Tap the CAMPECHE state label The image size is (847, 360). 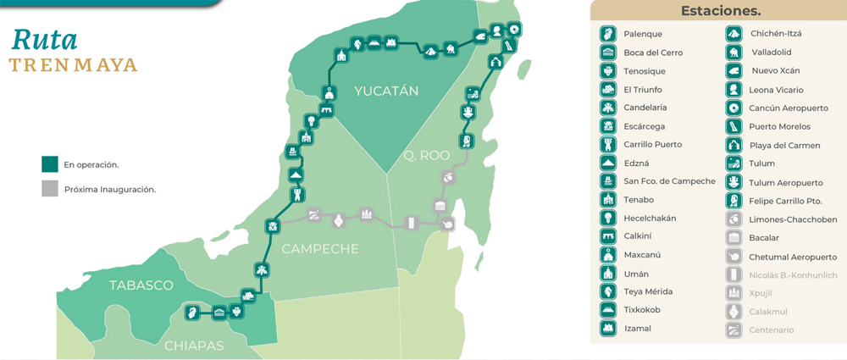pos(319,249)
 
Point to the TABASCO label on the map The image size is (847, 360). pos(141,285)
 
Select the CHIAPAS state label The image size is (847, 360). pos(193,346)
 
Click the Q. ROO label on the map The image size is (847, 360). pos(421,156)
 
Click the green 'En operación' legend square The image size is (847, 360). pos(50,163)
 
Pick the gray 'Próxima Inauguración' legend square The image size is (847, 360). pos(50,189)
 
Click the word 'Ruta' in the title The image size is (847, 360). pos(45,39)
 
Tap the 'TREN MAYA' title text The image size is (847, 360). pos(73,66)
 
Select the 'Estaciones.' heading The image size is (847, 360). pos(721,11)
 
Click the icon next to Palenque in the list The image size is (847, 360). pos(607,34)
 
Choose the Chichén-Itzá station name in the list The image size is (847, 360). pos(776,34)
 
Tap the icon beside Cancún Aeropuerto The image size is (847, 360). pos(734,108)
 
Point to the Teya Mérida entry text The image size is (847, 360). pos(648,291)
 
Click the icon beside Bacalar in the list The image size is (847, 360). pos(734,237)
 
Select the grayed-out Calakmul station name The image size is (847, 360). pos(770,311)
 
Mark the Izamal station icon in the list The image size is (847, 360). pos(607,328)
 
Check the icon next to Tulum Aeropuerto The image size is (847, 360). pos(734,182)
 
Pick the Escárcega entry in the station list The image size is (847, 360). pos(645,126)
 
